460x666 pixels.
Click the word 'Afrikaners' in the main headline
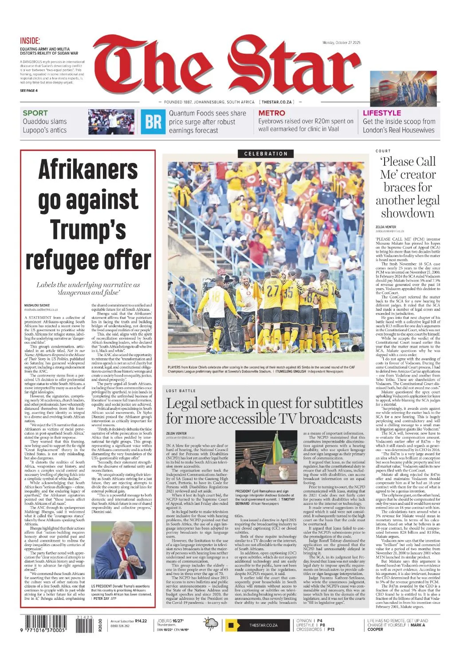point(88,169)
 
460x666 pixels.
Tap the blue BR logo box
point(153,122)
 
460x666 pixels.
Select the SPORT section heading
point(35,113)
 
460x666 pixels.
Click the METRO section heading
point(271,113)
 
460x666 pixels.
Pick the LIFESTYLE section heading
point(381,113)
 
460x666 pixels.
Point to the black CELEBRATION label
point(266,154)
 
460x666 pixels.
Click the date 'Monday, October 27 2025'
point(341,43)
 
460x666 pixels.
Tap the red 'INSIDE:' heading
point(30,41)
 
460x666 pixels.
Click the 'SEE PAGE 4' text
point(29,91)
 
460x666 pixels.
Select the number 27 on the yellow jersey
point(272,290)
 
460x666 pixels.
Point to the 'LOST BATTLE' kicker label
point(181,391)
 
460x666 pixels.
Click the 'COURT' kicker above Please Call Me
point(383,151)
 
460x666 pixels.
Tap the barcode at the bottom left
point(43,624)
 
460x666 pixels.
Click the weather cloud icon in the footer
point(210,624)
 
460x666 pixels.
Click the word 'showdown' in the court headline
point(407,213)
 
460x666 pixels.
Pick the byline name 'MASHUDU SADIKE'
point(37,305)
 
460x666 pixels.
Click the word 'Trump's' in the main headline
point(88,230)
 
